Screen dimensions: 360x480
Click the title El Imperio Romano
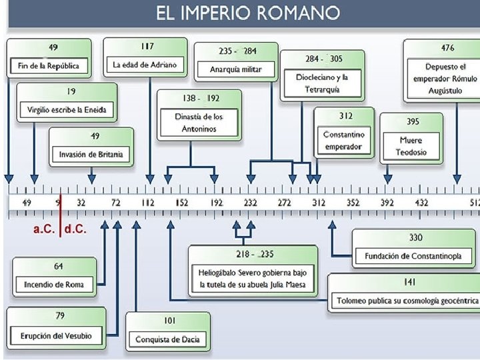(247, 13)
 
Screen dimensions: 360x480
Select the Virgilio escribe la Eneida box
(67, 109)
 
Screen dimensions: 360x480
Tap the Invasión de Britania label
(91, 155)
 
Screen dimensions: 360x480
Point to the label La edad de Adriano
(145, 65)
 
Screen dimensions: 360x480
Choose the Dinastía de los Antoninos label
(190, 123)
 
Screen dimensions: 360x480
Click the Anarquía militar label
(235, 69)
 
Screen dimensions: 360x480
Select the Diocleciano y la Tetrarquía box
(322, 83)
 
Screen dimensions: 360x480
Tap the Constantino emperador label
(344, 141)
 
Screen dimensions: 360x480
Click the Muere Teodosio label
(411, 147)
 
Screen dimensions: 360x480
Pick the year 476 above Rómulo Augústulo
(448, 48)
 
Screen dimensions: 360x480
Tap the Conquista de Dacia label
(167, 339)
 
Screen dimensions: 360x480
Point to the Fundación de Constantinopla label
(413, 257)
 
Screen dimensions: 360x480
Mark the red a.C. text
(45, 229)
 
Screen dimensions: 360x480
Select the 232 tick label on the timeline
(250, 202)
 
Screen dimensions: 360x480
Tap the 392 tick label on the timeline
(387, 202)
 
